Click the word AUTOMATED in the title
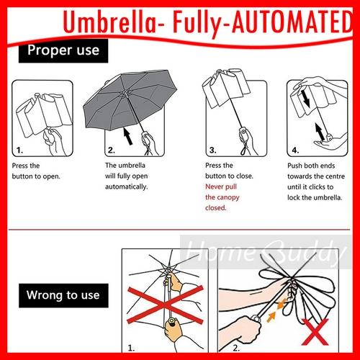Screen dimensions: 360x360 292,22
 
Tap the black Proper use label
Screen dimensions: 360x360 63,51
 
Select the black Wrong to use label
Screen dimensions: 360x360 63,295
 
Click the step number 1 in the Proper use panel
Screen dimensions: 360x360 19,150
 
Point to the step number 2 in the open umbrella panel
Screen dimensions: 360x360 112,150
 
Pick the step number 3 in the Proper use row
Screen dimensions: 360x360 212,150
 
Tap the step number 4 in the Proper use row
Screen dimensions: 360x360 295,150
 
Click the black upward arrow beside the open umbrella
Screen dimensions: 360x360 128,136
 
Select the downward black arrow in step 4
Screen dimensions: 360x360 305,99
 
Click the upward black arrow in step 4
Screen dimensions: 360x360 320,132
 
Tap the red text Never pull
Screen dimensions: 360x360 221,186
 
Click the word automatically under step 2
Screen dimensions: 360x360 127,186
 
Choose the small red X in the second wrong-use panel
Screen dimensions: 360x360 315,332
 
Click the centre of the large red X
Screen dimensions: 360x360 166,305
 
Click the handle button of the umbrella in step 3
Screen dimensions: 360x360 244,131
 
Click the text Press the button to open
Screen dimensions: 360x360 36,171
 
